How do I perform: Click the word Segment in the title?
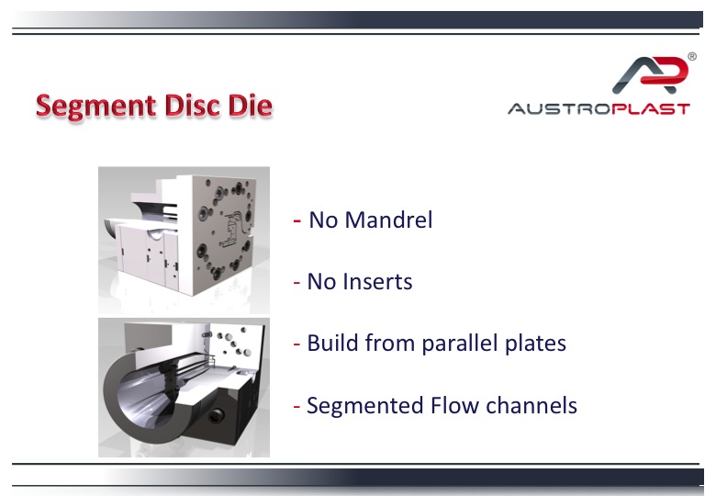[x=96, y=107]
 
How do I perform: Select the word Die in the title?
[x=251, y=105]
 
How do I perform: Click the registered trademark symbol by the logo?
[x=692, y=57]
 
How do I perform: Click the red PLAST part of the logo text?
[x=651, y=109]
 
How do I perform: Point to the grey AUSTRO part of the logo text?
[x=559, y=109]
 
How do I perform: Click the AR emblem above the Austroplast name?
[x=650, y=74]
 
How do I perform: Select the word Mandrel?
[x=388, y=220]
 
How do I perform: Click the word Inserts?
[x=377, y=281]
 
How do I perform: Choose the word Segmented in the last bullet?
[x=364, y=406]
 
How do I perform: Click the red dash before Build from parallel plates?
[x=296, y=344]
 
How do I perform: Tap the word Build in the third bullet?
[x=332, y=343]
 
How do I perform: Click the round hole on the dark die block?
[x=215, y=416]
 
